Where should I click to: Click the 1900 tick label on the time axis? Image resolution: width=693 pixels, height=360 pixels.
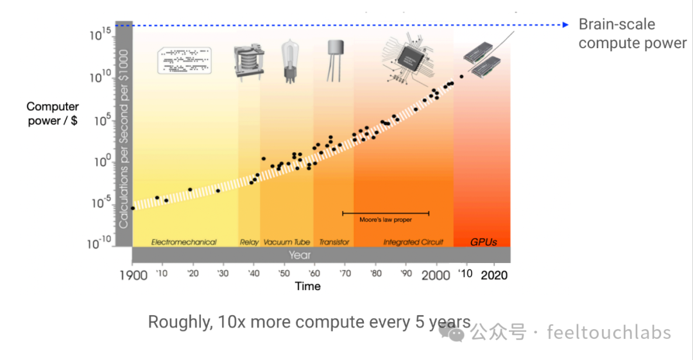coord(133,275)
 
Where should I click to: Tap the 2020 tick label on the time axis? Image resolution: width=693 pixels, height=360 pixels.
coord(495,275)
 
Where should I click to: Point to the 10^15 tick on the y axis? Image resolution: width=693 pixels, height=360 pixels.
coord(100,35)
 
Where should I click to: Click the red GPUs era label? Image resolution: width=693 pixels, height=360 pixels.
coord(483,242)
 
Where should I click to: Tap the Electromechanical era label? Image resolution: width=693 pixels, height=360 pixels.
coord(184,242)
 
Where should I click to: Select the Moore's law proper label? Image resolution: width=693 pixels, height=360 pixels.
coord(386,219)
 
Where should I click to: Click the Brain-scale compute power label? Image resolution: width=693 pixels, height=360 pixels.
coord(632,33)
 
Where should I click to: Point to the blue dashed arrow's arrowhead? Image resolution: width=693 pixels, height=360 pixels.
coord(565,25)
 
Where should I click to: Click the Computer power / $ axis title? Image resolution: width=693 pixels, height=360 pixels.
coord(53,113)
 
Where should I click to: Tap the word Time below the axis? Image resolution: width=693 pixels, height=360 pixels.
coord(307,286)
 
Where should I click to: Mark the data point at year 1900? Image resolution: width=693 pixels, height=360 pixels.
coord(133,208)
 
